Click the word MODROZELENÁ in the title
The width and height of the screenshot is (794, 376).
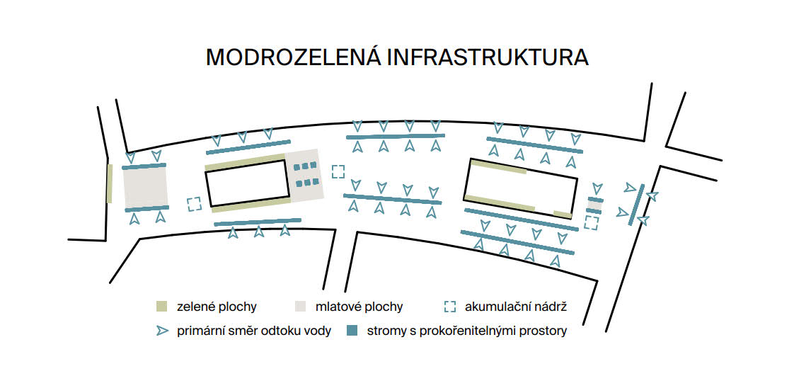coord(293,57)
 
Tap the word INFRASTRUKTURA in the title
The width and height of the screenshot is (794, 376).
coord(488,58)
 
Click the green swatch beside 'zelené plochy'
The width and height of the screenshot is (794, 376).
coord(161,306)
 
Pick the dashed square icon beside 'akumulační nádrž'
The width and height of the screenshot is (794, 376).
coord(449,306)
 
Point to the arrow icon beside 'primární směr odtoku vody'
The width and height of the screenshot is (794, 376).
coord(162,331)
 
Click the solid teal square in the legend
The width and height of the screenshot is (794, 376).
coord(352,331)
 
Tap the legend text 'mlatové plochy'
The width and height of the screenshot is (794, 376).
coord(359,307)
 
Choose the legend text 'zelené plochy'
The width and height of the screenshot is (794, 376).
coord(217,307)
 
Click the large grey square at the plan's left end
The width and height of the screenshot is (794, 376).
coord(145,188)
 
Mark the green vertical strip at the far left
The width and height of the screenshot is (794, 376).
coord(110,183)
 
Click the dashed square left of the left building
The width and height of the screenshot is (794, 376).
coord(194,204)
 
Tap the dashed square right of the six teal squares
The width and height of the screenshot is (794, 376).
coord(338,171)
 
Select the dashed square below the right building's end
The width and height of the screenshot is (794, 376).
coord(591,222)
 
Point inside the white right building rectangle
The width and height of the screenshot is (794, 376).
coord(521,188)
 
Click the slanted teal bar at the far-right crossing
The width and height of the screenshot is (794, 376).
coord(636,205)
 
